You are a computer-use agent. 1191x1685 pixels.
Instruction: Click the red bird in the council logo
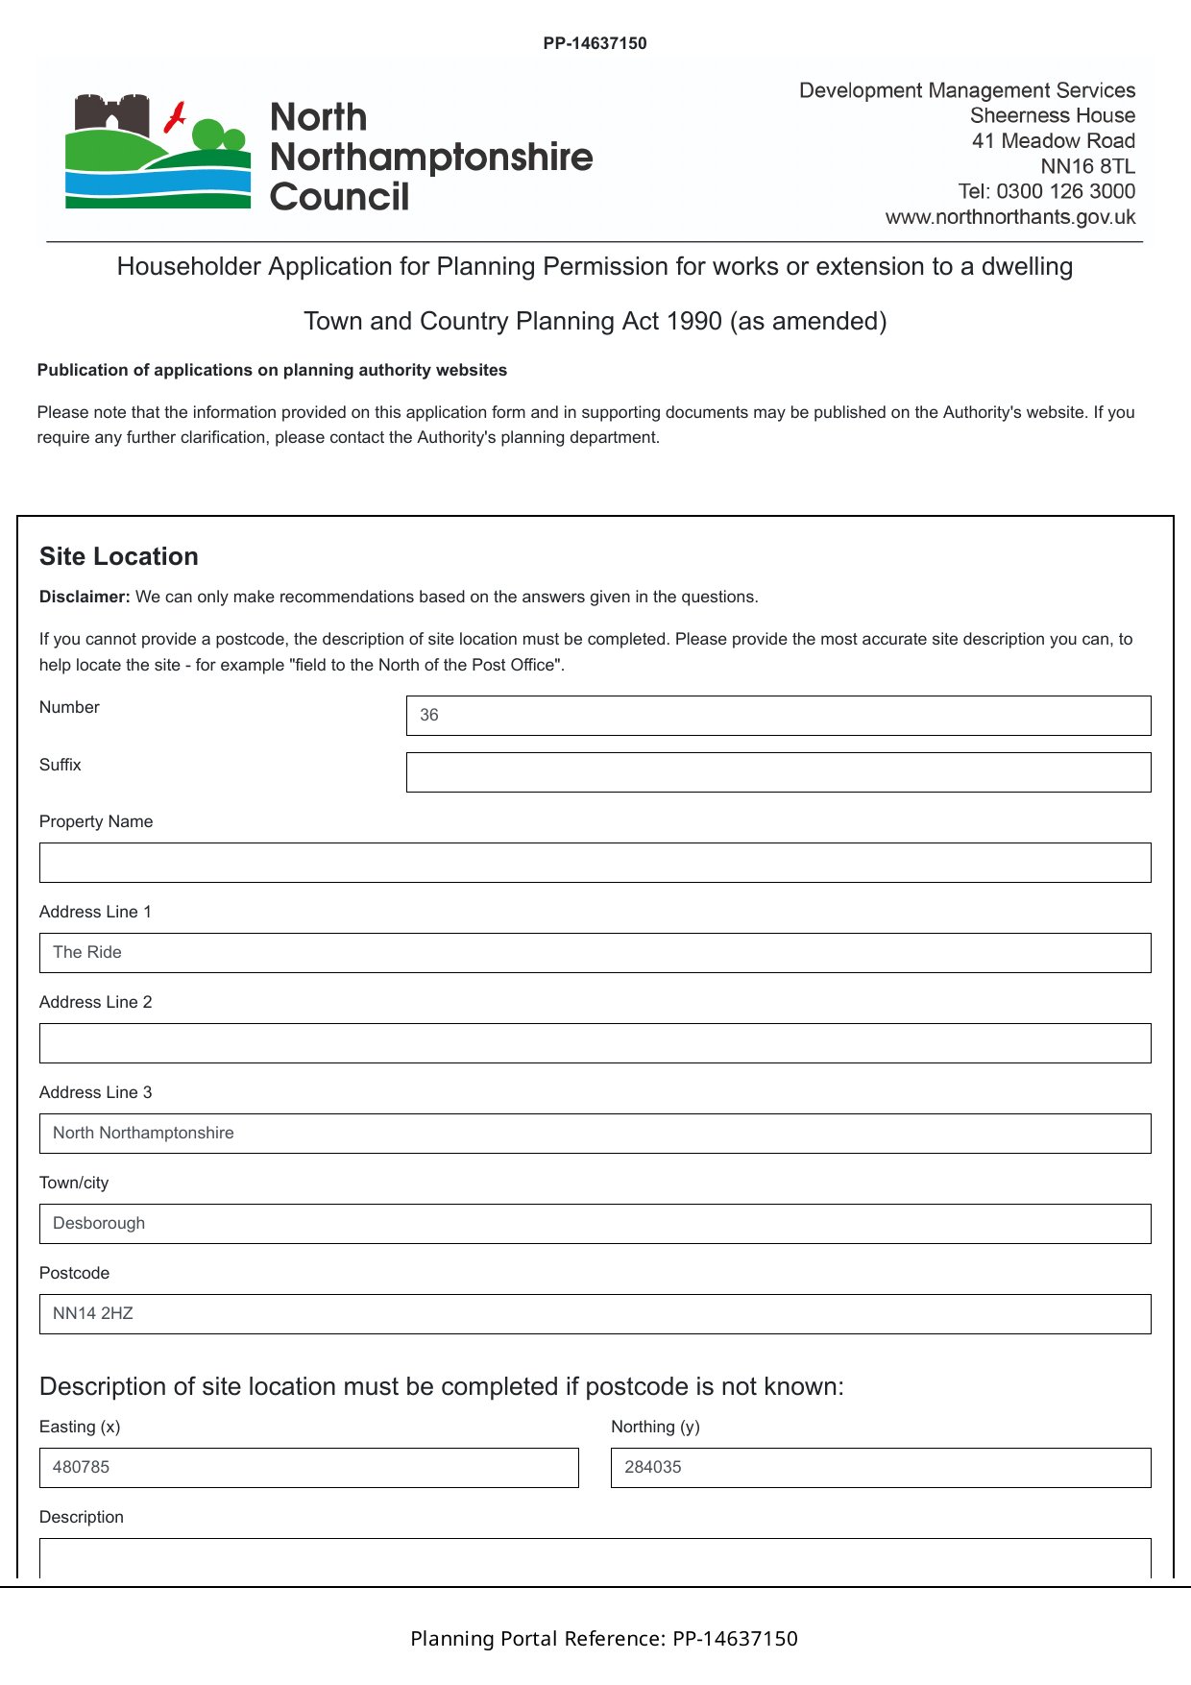click(x=175, y=117)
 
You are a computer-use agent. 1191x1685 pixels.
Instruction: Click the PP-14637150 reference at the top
click(x=595, y=43)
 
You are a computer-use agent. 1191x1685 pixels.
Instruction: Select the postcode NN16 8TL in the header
click(x=1087, y=166)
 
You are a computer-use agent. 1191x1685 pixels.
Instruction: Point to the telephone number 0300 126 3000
click(x=1065, y=191)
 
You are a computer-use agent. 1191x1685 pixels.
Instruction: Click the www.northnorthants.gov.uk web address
click(x=1009, y=217)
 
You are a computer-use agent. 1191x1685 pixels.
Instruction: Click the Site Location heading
click(x=119, y=556)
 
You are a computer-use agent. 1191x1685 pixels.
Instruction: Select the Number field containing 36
click(x=778, y=716)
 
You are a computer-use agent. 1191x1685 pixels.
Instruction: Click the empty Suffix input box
click(x=778, y=772)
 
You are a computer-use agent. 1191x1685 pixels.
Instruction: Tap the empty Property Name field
click(x=595, y=863)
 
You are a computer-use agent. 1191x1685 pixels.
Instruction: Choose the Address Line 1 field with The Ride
click(x=595, y=953)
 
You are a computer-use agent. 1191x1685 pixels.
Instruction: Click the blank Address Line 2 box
click(x=595, y=1043)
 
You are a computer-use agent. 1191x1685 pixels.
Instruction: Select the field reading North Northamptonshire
click(x=595, y=1134)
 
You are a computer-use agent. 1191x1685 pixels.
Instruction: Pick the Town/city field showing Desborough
click(x=595, y=1224)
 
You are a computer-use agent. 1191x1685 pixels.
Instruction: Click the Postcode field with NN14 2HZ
click(x=595, y=1314)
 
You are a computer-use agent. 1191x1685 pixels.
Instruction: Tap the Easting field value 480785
click(x=308, y=1468)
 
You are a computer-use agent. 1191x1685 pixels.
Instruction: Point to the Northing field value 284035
click(x=880, y=1468)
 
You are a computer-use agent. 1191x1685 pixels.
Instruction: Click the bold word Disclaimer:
click(x=85, y=597)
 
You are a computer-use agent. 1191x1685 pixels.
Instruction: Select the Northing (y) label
click(x=655, y=1427)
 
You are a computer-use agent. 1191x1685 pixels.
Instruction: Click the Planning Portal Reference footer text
click(x=603, y=1639)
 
